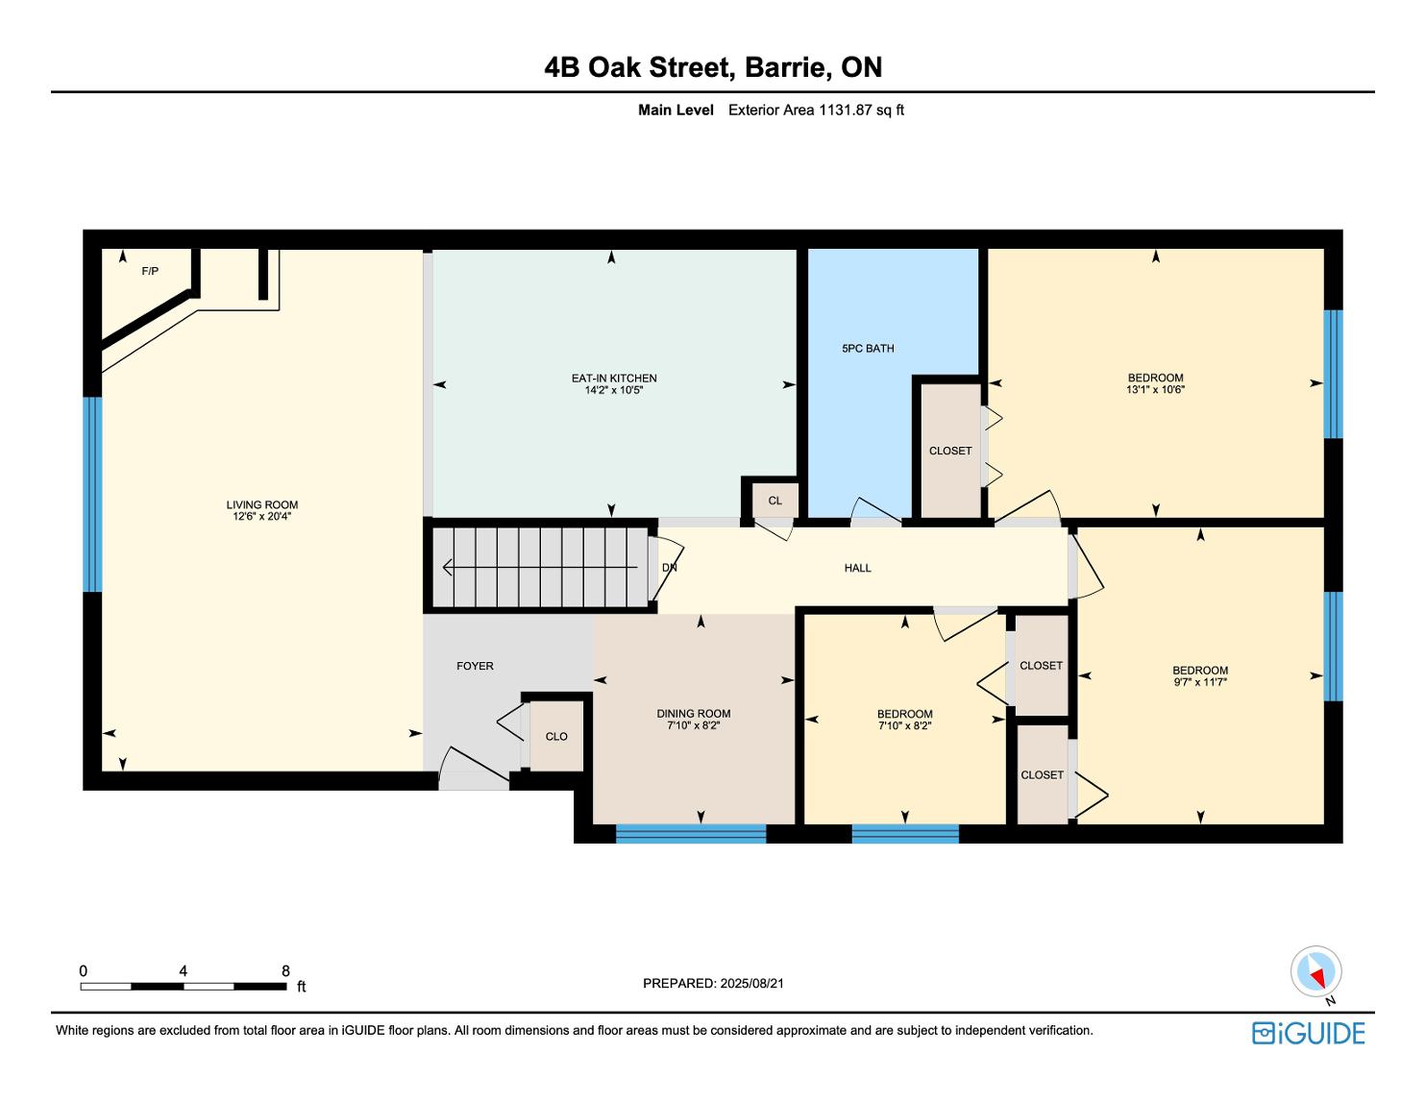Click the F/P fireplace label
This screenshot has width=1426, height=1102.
point(150,271)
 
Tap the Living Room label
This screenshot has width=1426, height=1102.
point(261,505)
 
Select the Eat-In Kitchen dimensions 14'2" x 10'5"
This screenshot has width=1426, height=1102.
point(614,390)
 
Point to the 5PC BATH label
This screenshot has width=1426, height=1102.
point(868,349)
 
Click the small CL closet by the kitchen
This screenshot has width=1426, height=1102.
point(775,501)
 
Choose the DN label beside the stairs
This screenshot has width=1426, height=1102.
point(669,568)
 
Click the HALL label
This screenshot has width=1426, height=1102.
point(857,568)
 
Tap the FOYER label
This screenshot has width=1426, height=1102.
point(475,666)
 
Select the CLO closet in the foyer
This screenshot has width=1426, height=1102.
point(555,736)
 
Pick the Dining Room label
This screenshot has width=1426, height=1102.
point(693,714)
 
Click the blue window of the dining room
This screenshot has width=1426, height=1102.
point(690,833)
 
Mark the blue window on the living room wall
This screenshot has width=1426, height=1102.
point(92,494)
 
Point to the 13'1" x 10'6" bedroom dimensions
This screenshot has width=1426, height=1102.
point(1155,390)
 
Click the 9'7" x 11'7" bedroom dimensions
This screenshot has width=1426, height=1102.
point(1199,682)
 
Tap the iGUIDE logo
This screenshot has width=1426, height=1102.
point(1308,1033)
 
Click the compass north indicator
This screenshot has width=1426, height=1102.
point(1316,972)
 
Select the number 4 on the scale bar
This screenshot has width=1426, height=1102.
point(184,970)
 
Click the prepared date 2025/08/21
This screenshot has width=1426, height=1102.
point(751,983)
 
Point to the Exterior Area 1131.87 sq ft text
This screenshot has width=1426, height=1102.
point(816,110)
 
